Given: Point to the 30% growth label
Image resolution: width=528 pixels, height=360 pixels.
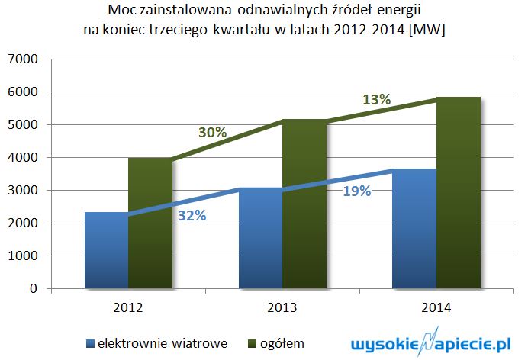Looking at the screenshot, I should (x=212, y=132).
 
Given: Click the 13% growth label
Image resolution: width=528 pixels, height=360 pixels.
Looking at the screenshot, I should (x=376, y=100).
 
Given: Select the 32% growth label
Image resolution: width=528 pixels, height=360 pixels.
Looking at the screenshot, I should (x=192, y=215).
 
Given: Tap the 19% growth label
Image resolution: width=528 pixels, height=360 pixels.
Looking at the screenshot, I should (x=356, y=191).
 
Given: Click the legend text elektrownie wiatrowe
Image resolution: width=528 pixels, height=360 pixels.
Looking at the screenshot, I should (x=163, y=342).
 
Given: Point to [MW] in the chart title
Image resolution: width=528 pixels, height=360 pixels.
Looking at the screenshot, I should (x=428, y=30).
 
